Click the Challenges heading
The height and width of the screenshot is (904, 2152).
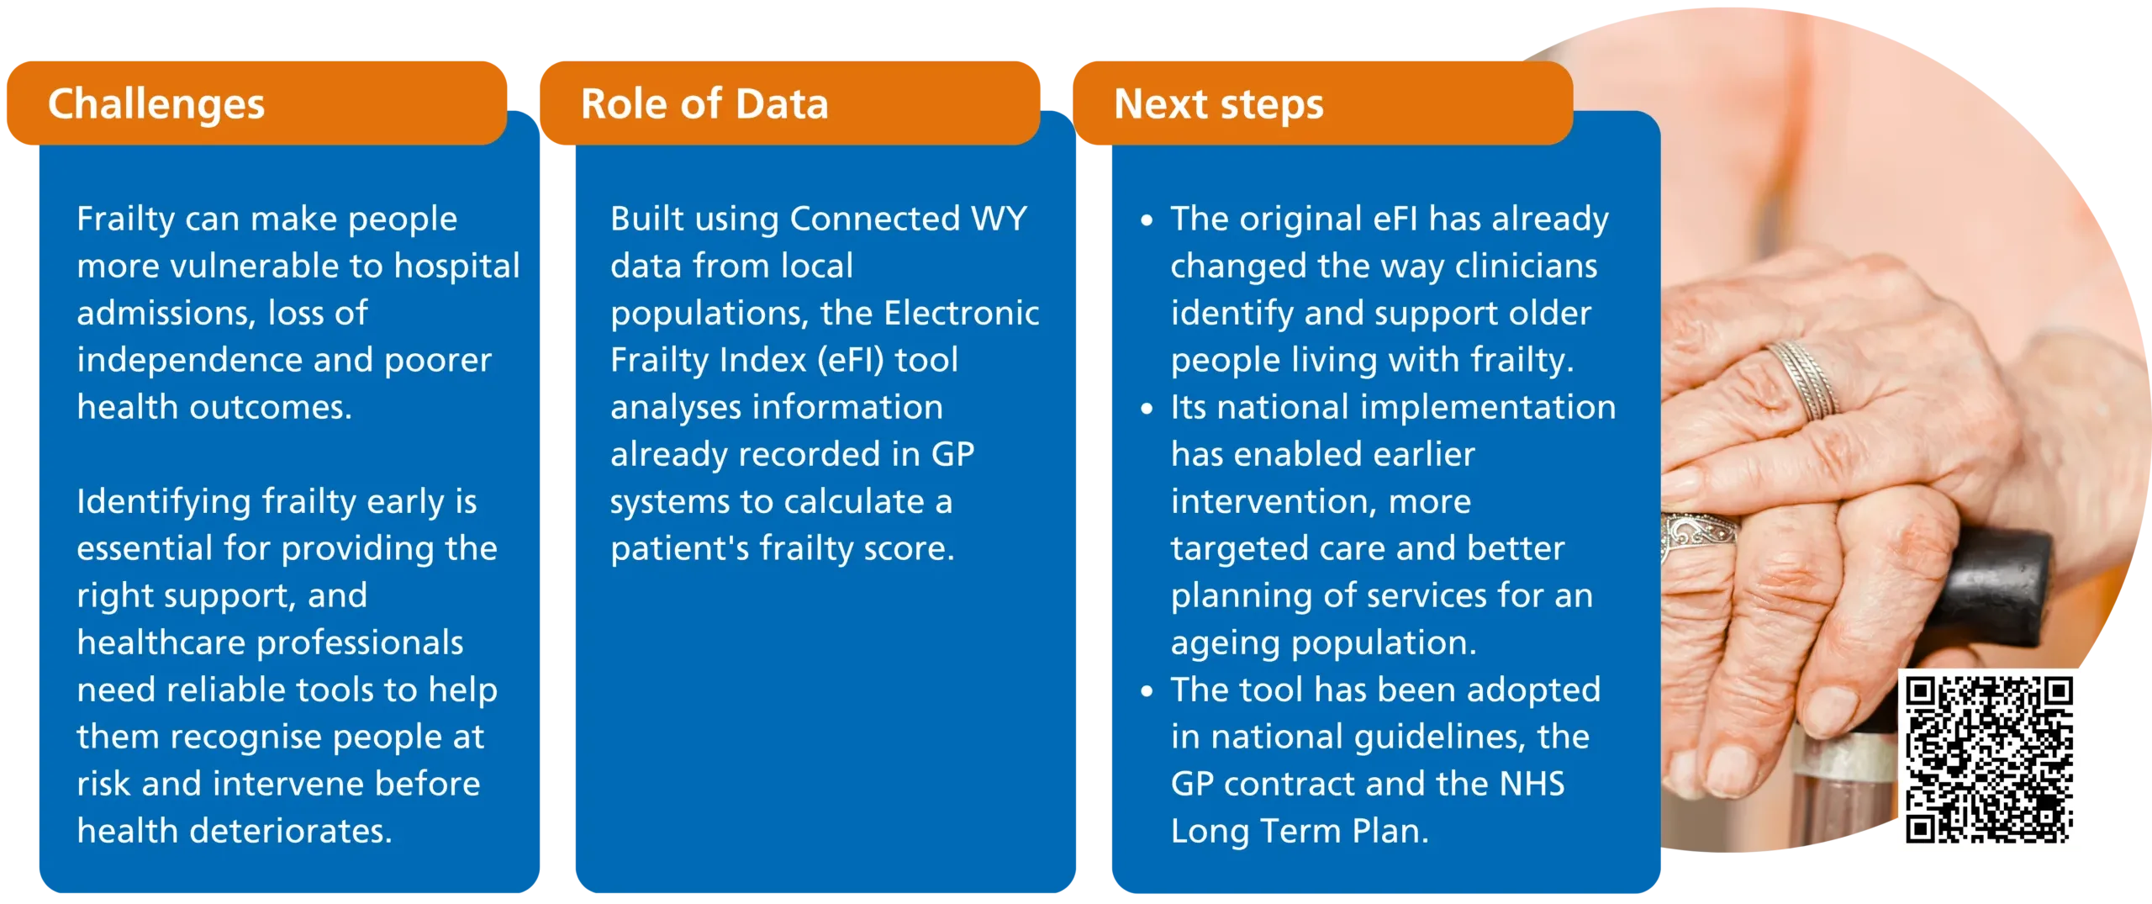coord(156,105)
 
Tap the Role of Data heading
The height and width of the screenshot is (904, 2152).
coord(704,104)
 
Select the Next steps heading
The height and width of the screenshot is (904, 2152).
coord(1219,105)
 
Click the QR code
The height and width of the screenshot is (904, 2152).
coord(1989,759)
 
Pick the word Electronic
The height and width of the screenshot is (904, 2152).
coord(962,313)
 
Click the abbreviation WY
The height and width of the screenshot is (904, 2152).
coord(1000,219)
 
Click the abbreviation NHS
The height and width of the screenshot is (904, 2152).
coord(1532,784)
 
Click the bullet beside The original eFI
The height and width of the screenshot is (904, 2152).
coord(1147,221)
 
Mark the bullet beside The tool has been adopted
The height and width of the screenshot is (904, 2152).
coord(1147,692)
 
